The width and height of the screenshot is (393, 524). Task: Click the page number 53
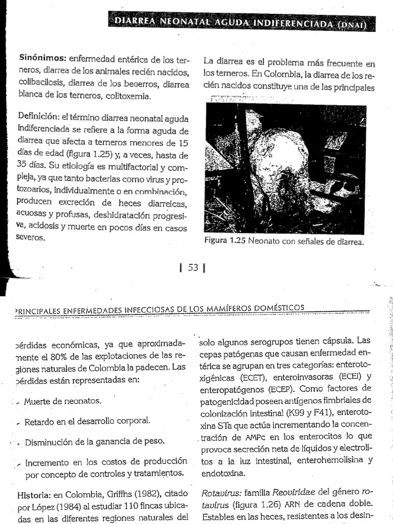click(192, 267)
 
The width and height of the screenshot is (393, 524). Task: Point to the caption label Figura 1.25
click(226, 242)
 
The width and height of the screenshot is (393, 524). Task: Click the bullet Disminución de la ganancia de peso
click(95, 441)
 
